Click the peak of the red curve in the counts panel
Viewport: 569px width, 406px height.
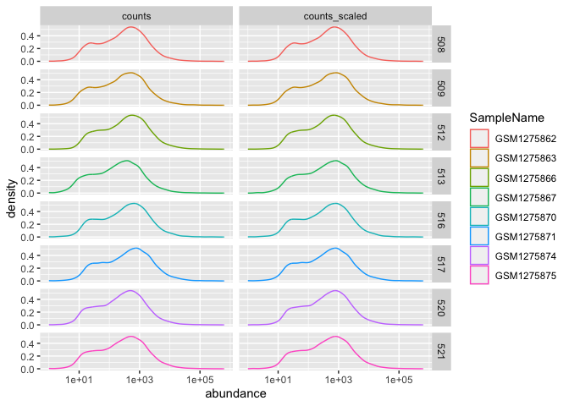click(130, 27)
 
